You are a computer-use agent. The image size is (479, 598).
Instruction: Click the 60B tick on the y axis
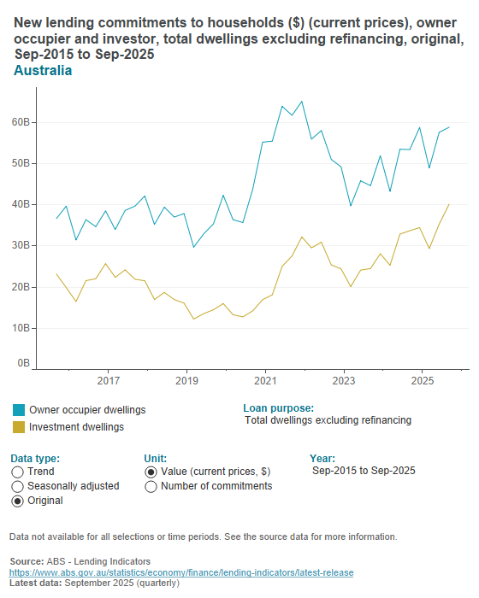(x=21, y=122)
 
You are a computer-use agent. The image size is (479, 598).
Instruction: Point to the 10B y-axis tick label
(x=21, y=327)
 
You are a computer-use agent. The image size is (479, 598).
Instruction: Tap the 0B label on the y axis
(x=23, y=363)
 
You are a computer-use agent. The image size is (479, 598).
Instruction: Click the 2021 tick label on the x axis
(x=265, y=379)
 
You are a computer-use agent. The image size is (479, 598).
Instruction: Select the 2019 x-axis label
(x=186, y=379)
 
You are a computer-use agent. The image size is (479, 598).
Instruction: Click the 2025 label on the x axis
(x=422, y=379)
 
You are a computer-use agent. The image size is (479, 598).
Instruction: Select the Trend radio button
(x=18, y=472)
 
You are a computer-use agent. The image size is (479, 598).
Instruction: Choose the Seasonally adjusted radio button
(x=18, y=486)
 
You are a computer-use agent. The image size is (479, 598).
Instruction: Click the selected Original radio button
(x=18, y=501)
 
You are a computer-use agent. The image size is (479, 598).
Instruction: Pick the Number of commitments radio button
(x=151, y=486)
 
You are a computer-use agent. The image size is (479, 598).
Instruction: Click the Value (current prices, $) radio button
(x=151, y=472)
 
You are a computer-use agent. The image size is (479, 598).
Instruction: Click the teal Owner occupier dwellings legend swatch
(x=18, y=410)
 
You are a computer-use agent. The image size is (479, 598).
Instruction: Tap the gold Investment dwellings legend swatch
(x=18, y=426)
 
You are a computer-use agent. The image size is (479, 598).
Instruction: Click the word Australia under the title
(x=43, y=71)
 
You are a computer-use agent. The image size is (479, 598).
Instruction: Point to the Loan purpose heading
(x=278, y=408)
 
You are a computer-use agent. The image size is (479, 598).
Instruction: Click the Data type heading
(x=35, y=458)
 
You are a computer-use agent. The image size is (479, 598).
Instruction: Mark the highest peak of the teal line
(x=301, y=102)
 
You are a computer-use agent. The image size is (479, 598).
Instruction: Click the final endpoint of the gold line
(x=449, y=204)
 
